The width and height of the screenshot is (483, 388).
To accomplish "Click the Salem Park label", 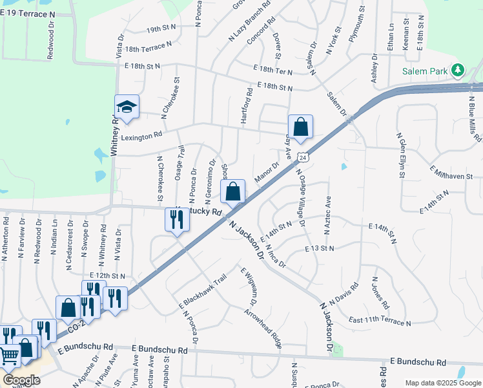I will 424,71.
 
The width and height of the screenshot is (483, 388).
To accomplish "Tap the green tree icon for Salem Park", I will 458,69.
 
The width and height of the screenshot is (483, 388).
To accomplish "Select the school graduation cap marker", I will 127,107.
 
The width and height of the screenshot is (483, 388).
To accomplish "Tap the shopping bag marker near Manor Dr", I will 233,191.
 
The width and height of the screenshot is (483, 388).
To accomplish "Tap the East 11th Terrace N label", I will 380,321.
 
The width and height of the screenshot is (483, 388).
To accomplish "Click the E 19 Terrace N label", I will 38,13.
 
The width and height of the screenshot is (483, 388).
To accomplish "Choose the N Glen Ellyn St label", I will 401,155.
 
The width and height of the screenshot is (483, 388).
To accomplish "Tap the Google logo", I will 21,380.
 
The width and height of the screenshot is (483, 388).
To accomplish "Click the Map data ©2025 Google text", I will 442,383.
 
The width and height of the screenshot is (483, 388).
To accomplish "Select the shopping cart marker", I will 9,354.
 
